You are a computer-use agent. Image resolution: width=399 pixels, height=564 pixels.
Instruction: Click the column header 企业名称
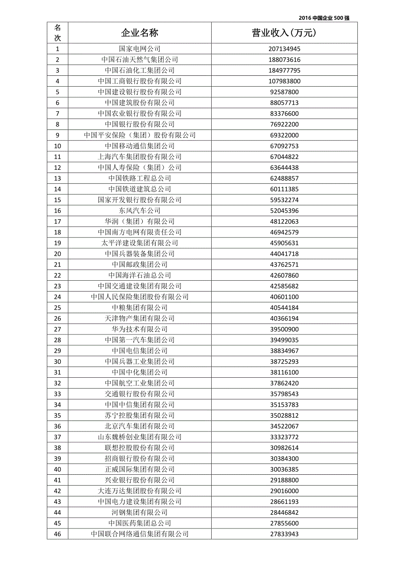[x=140, y=33]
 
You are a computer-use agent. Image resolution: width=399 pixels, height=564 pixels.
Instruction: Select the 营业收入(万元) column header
[x=284, y=33]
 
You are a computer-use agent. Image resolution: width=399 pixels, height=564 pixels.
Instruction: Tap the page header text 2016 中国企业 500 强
[x=324, y=18]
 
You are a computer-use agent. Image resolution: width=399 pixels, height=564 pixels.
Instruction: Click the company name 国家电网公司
[x=140, y=49]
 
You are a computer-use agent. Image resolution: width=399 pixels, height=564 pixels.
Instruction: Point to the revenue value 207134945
[x=284, y=49]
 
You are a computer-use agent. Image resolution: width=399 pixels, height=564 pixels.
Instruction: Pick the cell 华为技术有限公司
[x=140, y=329]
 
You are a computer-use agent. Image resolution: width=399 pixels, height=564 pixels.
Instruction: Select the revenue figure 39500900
[x=284, y=329]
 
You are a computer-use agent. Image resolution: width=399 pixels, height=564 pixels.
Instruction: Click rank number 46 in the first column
[x=58, y=534]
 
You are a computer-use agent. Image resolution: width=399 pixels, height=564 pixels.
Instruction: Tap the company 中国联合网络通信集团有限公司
[x=140, y=534]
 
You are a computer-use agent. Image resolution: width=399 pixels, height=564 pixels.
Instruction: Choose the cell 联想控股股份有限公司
[x=140, y=448]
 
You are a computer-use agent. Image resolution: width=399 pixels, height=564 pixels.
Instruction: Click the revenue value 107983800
[x=284, y=81]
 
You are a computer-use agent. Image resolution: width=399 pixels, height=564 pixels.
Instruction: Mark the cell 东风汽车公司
[x=140, y=211]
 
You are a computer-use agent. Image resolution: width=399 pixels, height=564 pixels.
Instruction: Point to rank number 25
[x=58, y=308]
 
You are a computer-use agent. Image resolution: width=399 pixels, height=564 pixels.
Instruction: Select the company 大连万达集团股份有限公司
[x=140, y=491]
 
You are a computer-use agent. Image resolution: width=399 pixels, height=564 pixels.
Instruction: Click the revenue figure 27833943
[x=284, y=534]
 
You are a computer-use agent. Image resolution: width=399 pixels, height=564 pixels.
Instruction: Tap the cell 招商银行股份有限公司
[x=140, y=459]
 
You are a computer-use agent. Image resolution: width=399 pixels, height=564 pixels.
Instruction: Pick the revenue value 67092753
[x=284, y=146]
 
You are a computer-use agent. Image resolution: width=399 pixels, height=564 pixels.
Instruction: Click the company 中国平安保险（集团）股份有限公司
[x=140, y=135]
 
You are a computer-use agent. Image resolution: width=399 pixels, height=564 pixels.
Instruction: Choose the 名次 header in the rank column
[x=58, y=32]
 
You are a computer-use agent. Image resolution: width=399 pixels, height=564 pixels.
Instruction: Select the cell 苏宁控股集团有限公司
[x=140, y=415]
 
